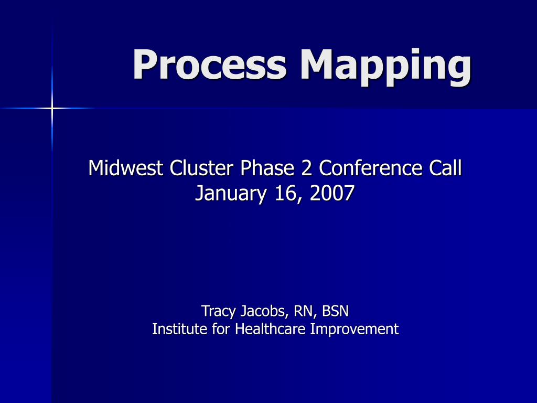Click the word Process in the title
[209, 65]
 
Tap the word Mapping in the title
[386, 67]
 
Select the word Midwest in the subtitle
[125, 168]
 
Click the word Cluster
[201, 168]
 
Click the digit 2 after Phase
[306, 168]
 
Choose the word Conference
[371, 168]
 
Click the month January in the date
[231, 194]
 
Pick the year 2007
[332, 193]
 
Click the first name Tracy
[219, 312]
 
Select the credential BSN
[335, 311]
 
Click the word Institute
[179, 329]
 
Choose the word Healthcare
[270, 329]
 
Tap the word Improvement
[354, 330]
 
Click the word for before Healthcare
[221, 329]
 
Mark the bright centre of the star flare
[52, 109]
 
